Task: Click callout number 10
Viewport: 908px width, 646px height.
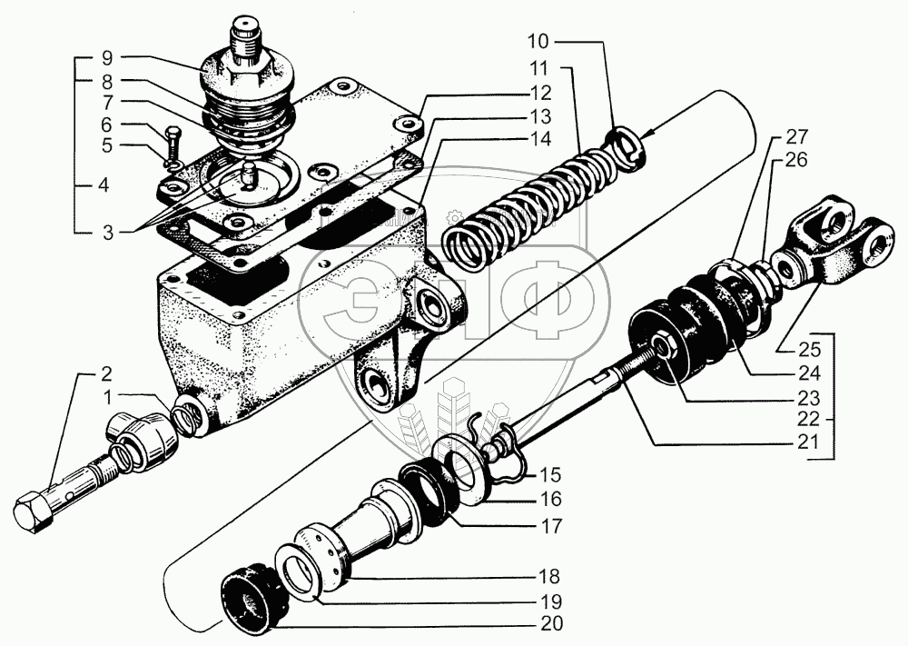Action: click(x=562, y=41)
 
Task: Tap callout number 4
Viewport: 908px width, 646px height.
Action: click(x=105, y=184)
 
